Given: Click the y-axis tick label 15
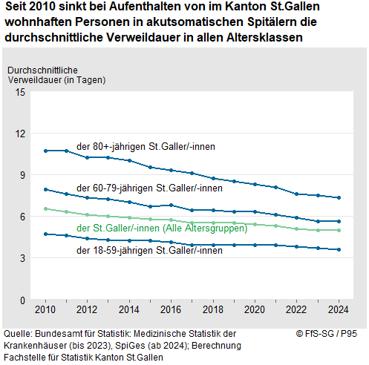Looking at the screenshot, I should [21, 92].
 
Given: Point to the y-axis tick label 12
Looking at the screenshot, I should [21, 134].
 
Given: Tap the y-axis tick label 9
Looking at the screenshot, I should [23, 175].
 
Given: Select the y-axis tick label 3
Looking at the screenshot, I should [23, 258].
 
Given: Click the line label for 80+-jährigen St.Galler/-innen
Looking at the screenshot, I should [146, 146].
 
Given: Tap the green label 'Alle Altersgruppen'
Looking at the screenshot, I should [209, 227].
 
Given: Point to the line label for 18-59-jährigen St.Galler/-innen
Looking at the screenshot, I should [149, 250].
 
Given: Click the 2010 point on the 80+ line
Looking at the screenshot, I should [46, 151].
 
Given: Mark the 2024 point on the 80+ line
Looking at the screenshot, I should [339, 198].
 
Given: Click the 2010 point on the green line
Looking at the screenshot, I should [46, 209].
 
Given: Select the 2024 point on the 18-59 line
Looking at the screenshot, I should [339, 250].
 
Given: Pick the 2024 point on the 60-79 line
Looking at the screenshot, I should [339, 221].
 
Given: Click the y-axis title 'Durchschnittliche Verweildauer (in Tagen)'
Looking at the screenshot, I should [55, 74].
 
